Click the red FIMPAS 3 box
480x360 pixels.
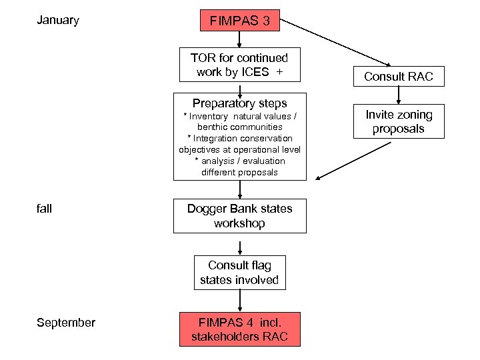tap(239, 21)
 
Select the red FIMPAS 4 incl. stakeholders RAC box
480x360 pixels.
tap(239, 329)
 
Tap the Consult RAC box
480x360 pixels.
tap(398, 77)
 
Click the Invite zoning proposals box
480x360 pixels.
tap(398, 121)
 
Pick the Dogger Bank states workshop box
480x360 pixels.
tap(239, 216)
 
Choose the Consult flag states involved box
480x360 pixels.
tap(239, 273)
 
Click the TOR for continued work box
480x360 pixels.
tap(239, 65)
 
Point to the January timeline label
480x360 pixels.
tap(58, 20)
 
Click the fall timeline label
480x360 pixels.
tap(45, 209)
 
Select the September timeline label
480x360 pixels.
tap(66, 323)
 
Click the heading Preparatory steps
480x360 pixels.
tap(239, 103)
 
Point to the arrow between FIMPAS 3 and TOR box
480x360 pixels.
tap(239, 39)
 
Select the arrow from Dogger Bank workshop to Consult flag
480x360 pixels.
tap(239, 244)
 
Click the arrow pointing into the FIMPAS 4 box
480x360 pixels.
tap(239, 301)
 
